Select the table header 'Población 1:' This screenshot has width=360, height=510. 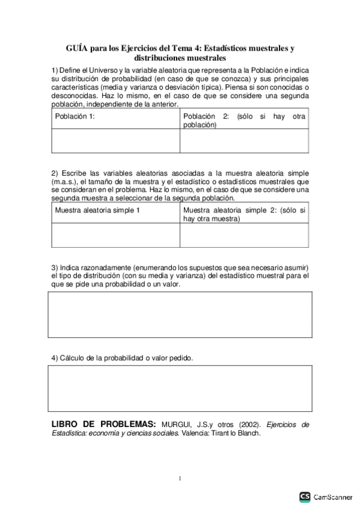coord(75,117)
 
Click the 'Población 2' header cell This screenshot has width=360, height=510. coord(244,120)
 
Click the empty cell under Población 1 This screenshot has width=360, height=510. coord(115,141)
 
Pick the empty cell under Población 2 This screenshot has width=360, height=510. coord(244,141)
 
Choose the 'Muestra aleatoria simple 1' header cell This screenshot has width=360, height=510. coord(97,210)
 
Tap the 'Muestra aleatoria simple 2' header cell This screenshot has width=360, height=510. coord(244,215)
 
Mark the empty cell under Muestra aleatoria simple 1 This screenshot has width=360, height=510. coord(115,235)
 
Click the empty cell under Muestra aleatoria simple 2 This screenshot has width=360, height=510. coord(244,235)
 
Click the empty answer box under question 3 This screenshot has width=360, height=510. coord(180,315)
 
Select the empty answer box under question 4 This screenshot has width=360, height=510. coord(180,388)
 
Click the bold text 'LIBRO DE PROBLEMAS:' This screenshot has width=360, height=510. coord(104,424)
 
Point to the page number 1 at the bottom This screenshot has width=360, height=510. coord(180,479)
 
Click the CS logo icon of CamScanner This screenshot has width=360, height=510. coord(305,497)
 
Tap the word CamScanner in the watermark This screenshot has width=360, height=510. coord(334,497)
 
